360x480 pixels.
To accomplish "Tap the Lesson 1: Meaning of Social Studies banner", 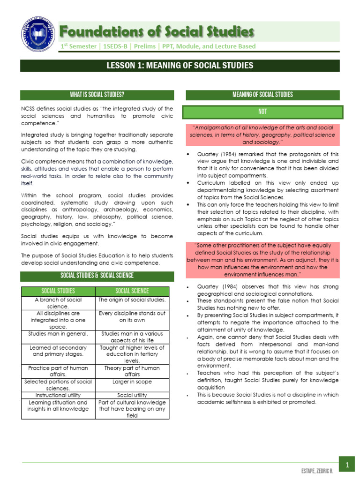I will pyautogui.click(x=180, y=65).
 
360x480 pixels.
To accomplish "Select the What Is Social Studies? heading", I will pyautogui.click(x=97, y=95).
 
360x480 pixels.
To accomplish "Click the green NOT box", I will pyautogui.click(x=262, y=112).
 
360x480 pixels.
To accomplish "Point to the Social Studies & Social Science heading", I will pyautogui.click(x=97, y=276).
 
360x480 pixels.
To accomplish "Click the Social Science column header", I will pyautogui.click(x=132, y=291).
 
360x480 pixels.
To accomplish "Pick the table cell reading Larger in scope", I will pyautogui.click(x=132, y=382).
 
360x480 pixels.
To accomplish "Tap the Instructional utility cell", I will pyautogui.click(x=58, y=395).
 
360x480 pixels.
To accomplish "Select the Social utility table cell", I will pyautogui.click(x=132, y=395).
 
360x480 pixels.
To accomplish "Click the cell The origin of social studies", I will pyautogui.click(x=132, y=300).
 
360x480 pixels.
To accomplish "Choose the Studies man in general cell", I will pyautogui.click(x=58, y=333).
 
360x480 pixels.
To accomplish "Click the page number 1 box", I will pyautogui.click(x=347, y=465).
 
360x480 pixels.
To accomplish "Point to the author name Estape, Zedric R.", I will pyautogui.click(x=317, y=470).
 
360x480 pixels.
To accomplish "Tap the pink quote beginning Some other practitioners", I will pyautogui.click(x=262, y=260).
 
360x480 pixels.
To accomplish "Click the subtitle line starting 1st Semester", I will pyautogui.click(x=158, y=46).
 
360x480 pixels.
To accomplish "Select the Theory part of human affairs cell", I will pyautogui.click(x=132, y=371).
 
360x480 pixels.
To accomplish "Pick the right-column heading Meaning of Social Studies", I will pyautogui.click(x=262, y=95).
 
